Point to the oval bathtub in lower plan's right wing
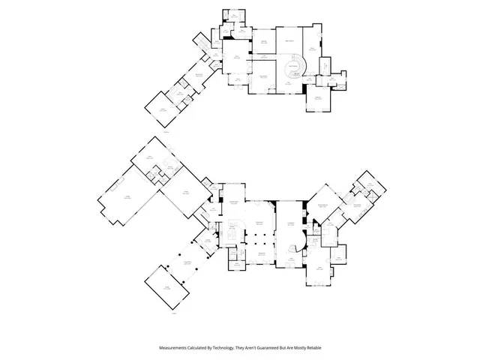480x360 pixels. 328,238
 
